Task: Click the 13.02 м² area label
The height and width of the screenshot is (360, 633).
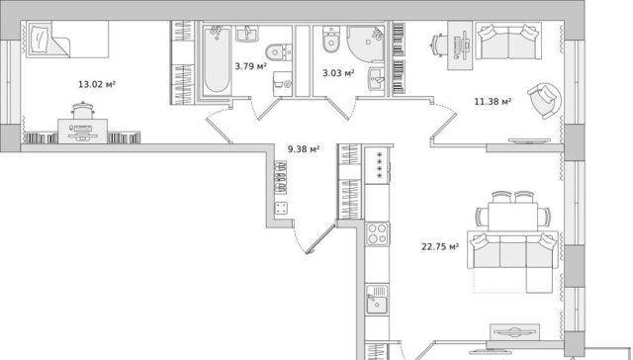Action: (97, 84)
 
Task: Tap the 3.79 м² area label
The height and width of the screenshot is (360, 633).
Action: (250, 66)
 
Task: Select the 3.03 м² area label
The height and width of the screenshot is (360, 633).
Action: (338, 73)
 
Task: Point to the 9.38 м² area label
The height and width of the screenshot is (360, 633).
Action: (304, 149)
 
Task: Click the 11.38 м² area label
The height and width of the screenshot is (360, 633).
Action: (493, 101)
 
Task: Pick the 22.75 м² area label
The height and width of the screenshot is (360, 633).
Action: (440, 246)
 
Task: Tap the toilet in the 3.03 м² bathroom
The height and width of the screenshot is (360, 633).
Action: (331, 40)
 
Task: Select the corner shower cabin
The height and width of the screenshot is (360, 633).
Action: (366, 44)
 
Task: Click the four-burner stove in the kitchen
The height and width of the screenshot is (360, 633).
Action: (377, 233)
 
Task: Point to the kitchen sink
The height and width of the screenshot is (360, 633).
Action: (377, 299)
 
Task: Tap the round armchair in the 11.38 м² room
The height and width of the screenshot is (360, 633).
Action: (544, 101)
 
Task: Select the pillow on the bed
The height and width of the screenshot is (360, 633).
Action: (40, 39)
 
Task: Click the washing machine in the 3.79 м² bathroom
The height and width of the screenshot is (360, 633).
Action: (283, 84)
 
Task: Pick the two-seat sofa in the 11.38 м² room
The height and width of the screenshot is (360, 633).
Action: (508, 41)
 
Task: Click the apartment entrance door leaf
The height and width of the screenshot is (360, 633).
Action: (320, 238)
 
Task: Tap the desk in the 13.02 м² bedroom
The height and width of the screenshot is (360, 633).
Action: (82, 132)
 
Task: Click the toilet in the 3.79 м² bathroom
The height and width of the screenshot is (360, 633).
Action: (279, 52)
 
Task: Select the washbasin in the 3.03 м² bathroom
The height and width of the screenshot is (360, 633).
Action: (376, 79)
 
